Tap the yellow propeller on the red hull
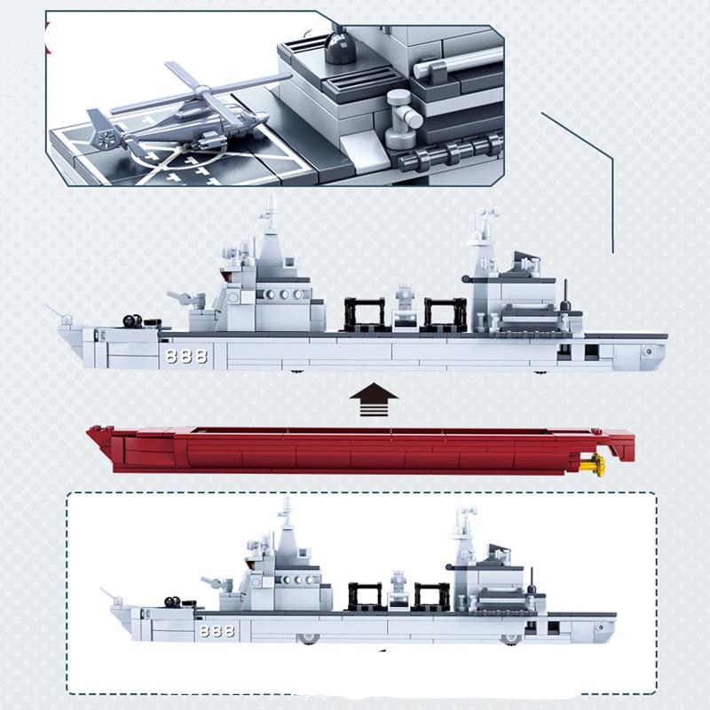click(598, 463)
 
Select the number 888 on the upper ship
click(185, 356)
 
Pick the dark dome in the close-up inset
click(339, 47)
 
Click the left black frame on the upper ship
click(364, 315)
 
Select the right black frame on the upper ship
click(446, 315)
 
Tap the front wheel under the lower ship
click(308, 638)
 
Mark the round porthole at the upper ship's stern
click(650, 351)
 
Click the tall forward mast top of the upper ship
click(269, 209)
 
